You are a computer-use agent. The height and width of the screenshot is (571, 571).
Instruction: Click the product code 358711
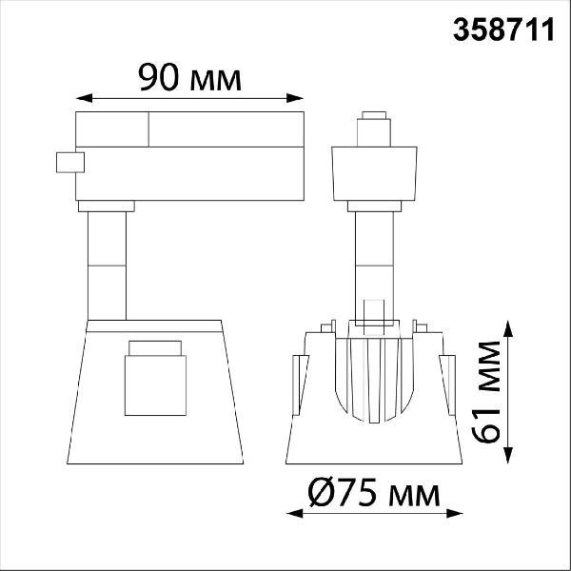coord(503,30)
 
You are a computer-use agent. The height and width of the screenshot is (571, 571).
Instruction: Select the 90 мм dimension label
coord(189,78)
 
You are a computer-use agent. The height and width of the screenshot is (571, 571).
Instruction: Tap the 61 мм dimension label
coord(486,392)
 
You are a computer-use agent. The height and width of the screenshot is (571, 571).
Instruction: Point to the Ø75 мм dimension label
coord(374,492)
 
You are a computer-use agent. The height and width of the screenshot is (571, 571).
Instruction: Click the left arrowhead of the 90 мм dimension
coord(84,98)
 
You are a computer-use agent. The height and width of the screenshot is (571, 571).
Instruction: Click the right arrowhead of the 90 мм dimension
coord(295,98)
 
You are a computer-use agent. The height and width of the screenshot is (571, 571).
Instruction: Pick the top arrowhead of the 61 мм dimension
coord(508,328)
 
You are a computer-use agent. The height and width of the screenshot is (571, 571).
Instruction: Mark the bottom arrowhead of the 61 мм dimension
coord(508,455)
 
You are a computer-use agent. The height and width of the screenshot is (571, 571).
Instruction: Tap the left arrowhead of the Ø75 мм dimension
coord(295,514)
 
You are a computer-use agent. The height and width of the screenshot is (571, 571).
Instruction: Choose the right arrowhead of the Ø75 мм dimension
coord(455,514)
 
